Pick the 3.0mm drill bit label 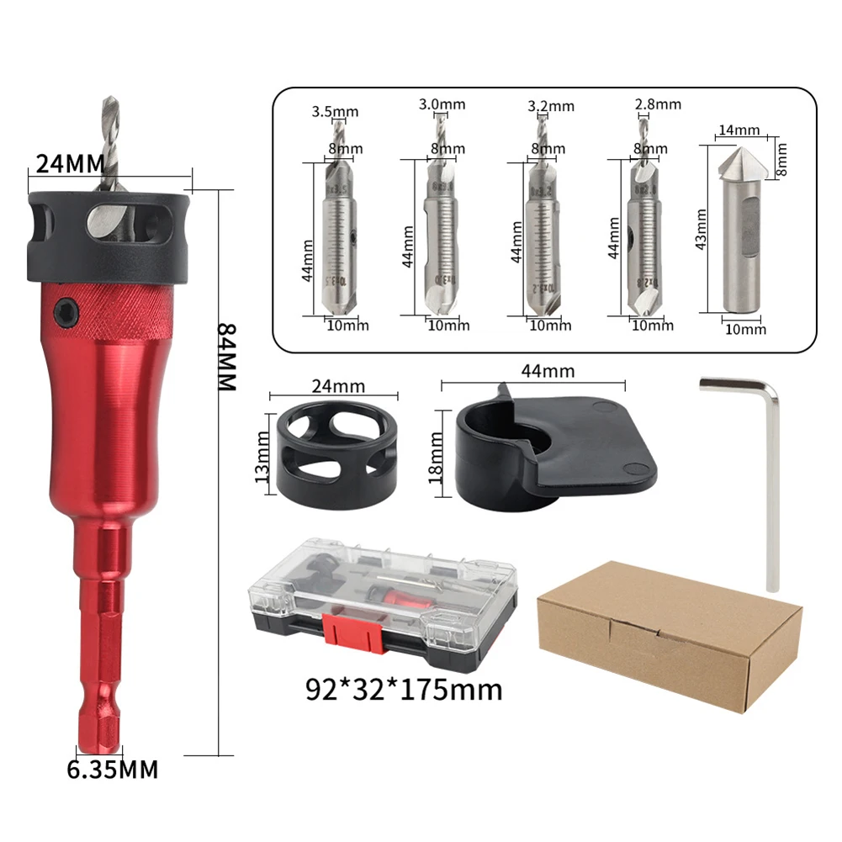click(x=442, y=104)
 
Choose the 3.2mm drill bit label click(x=551, y=106)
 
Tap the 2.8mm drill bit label click(x=659, y=104)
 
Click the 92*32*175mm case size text click(x=403, y=690)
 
